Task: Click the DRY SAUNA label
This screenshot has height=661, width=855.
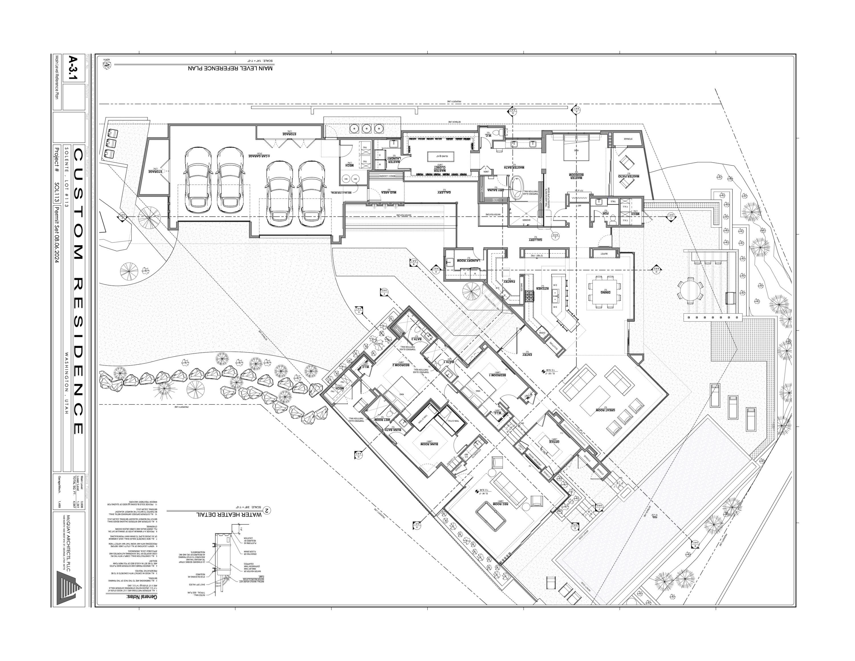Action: coord(495,190)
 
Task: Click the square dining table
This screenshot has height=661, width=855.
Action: coord(606,291)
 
